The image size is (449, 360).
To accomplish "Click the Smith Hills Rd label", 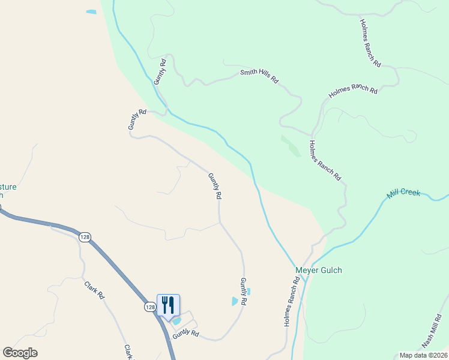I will [259, 76].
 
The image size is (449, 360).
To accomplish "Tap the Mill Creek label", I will [403, 193].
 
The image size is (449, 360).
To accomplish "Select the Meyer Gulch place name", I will [318, 270].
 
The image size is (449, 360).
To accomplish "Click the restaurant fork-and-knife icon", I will [168, 305].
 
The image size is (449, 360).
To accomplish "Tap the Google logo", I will [20, 353].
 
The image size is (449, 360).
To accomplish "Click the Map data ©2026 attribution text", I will [423, 355].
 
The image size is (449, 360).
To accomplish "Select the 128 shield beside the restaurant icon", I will [150, 307].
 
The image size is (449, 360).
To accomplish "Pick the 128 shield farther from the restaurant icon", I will [85, 237].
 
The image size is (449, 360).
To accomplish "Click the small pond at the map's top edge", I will [91, 11].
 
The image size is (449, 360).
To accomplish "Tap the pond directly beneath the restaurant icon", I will [176, 321].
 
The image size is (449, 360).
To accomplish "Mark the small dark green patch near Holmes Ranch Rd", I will [291, 145].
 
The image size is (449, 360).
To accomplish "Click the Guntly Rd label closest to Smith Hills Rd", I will [159, 71].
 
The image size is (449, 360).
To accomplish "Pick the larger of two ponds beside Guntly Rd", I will [235, 301].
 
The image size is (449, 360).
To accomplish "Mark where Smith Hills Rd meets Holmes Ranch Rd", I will [312, 135].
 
